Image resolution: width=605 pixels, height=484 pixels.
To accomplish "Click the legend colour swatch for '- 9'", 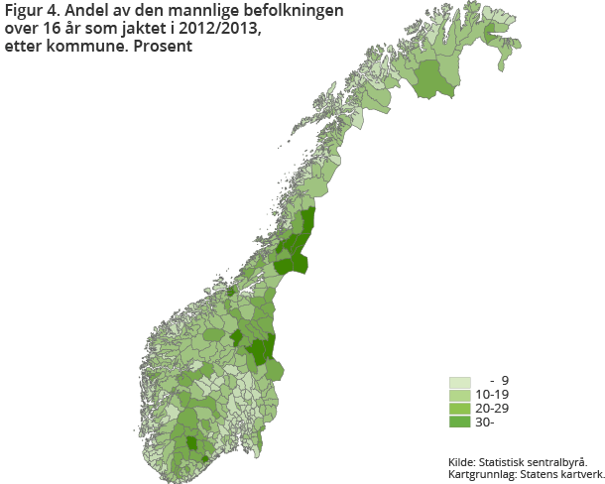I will pos(459,382).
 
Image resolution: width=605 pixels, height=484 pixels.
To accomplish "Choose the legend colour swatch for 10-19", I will pos(459,395).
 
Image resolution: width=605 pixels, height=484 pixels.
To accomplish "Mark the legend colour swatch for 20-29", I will pos(459,409).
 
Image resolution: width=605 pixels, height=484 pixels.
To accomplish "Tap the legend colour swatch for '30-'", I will pos(459,423).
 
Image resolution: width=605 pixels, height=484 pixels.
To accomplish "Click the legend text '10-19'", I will pos(493,395).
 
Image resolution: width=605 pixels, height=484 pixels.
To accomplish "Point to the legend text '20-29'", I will pos(493,409).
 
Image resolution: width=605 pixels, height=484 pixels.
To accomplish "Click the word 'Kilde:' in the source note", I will pos(461,461).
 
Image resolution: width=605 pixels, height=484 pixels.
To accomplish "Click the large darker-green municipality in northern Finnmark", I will pos(433,79).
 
